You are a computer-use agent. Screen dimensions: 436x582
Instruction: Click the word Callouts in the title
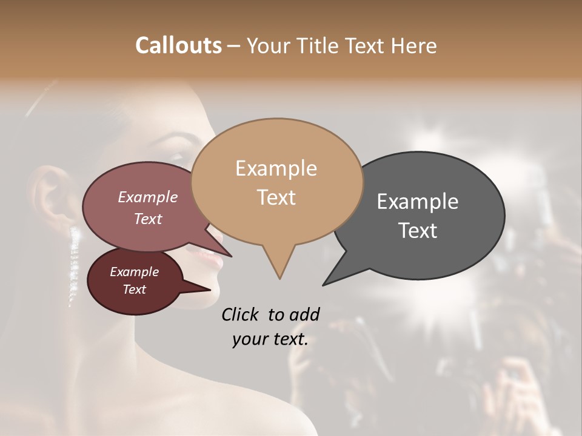coord(178,45)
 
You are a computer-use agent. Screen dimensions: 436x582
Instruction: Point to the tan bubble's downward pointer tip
coord(279,279)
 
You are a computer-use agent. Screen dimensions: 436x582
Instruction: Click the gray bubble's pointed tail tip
coord(324,285)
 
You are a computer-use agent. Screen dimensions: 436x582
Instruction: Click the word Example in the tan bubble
coord(276,168)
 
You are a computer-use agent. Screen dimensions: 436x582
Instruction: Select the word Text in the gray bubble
coord(418,231)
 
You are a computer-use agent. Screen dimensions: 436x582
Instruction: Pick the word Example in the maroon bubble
coord(134,272)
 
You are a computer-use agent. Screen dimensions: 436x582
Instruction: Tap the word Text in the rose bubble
coord(147,219)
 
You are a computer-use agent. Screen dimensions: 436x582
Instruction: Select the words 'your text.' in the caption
coord(270,340)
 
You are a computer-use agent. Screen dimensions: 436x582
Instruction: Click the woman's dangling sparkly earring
coord(75,266)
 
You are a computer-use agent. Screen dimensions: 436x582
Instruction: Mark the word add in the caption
coord(304,314)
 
